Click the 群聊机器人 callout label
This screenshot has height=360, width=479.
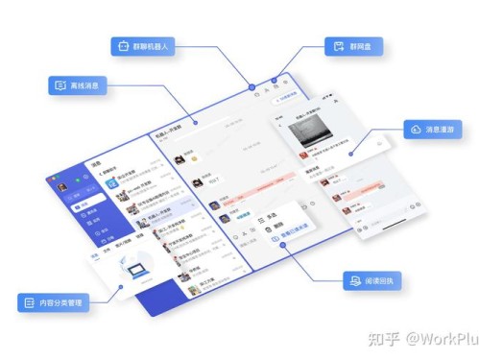[145, 46]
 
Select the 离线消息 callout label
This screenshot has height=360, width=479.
[80, 85]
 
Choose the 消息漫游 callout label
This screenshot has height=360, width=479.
[430, 129]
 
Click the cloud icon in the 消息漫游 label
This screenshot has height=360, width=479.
[415, 129]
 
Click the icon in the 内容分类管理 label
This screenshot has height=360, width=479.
[28, 303]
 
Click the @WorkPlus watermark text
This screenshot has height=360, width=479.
[440, 339]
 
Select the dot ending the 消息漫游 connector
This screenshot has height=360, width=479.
[351, 154]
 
